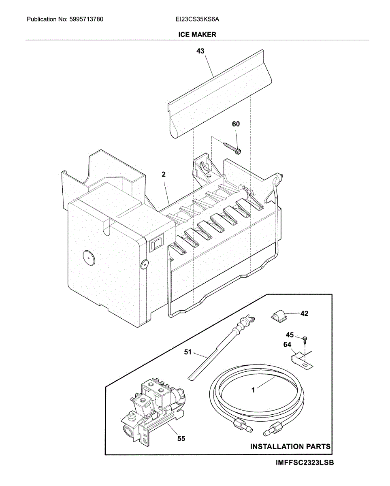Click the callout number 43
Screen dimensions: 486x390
coord(200,51)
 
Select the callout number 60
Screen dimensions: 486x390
coord(236,124)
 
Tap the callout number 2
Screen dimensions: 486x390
coord(163,175)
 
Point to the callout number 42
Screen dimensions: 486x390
coord(304,313)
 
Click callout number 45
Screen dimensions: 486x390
coord(290,335)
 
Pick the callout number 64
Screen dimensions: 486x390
coord(287,345)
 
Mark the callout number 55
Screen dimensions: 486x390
coord(181,438)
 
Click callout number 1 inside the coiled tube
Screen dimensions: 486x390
coord(253,390)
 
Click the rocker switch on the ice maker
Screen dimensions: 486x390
coord(154,244)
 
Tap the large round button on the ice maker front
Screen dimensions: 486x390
coord(87,256)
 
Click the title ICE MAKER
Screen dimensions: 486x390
coord(197,35)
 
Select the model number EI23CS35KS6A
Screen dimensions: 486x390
coord(197,19)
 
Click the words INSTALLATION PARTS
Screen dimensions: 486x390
coord(290,447)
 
